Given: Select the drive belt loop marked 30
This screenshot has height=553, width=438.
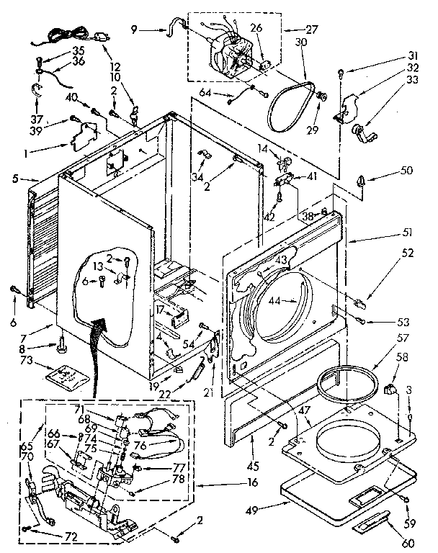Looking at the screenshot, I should pyautogui.click(x=290, y=103).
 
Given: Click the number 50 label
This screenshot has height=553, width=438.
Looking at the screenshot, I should pyautogui.click(x=408, y=170).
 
